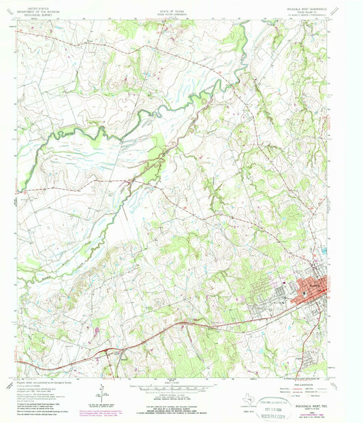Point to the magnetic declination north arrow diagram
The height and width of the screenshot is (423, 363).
coord(99,392)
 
